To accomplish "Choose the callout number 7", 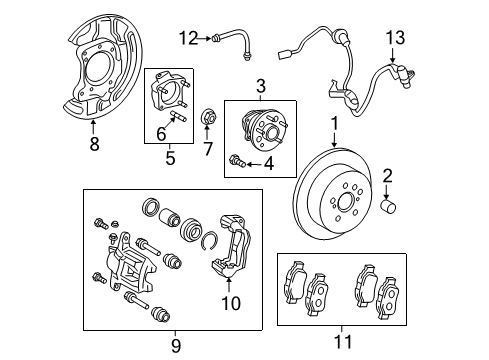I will [209, 150].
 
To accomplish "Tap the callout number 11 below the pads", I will [343, 339].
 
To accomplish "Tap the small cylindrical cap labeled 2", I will [392, 206].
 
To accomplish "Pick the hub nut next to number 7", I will [209, 115].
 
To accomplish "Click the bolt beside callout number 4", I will [236, 160].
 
